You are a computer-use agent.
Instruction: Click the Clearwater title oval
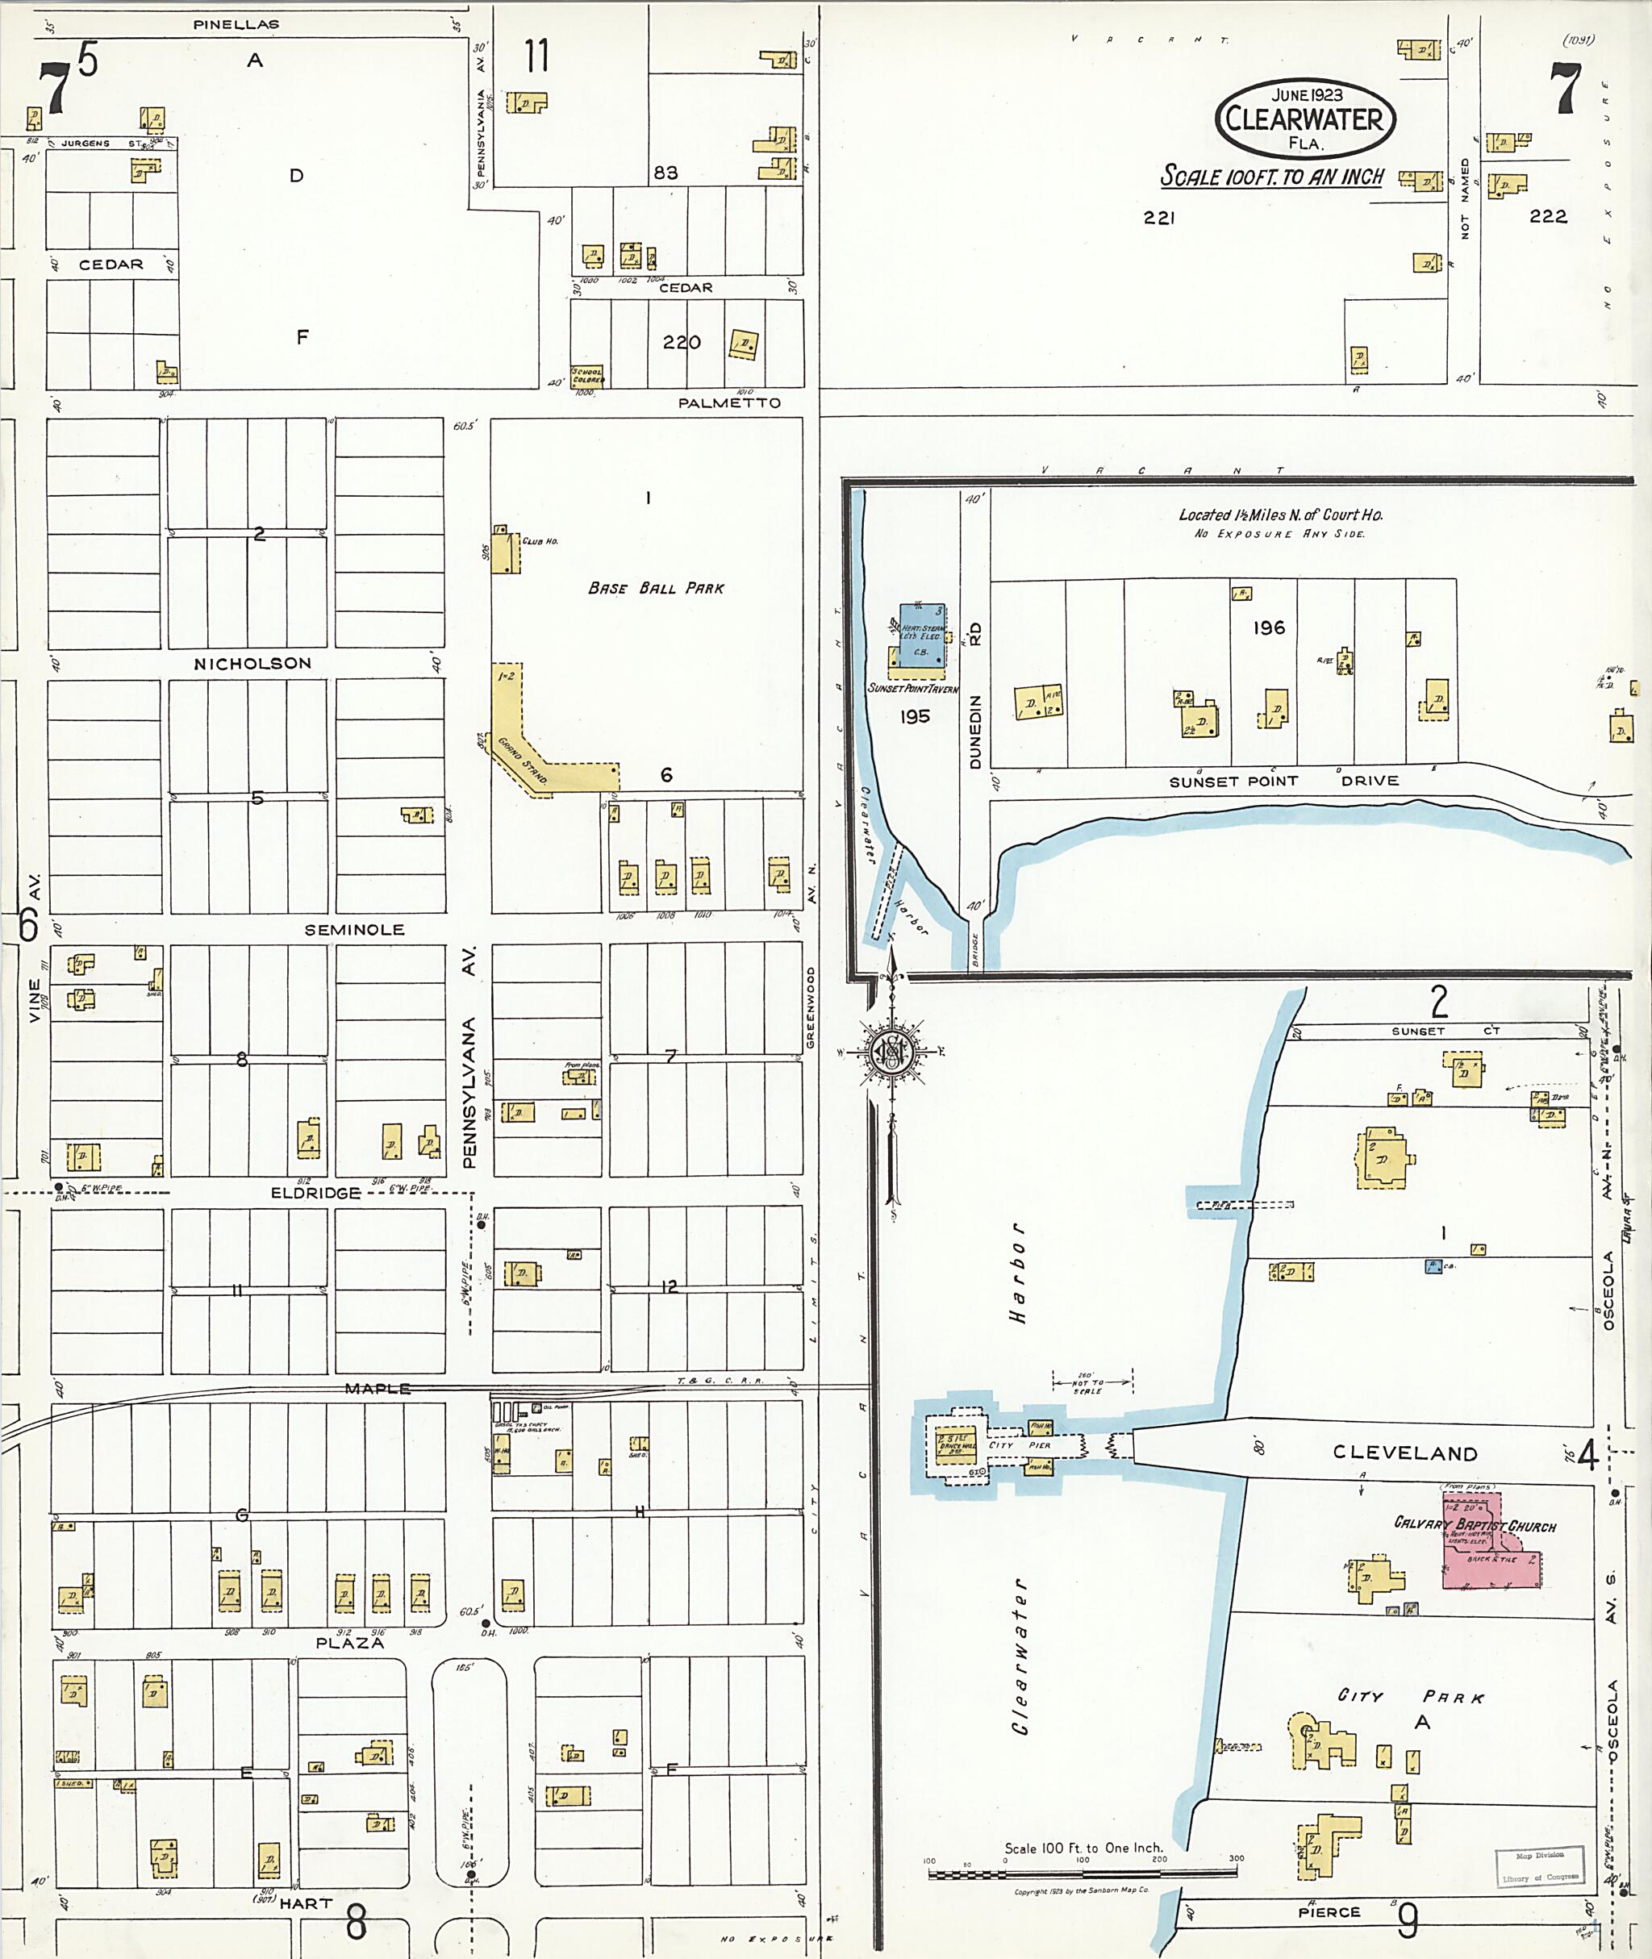coord(1304,119)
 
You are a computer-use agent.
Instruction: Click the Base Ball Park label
coord(656,588)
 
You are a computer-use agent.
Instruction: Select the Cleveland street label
coord(1404,1453)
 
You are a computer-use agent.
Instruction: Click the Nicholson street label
coord(252,663)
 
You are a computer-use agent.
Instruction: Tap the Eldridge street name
coord(315,1193)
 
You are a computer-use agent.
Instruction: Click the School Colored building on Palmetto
coord(587,376)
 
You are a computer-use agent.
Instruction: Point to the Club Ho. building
coord(506,551)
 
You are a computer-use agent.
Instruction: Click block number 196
coord(1269,627)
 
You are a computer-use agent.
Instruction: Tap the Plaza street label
coord(349,1644)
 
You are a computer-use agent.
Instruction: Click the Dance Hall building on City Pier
coord(954,1443)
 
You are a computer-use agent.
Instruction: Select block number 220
coord(681,343)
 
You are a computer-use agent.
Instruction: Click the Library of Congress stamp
coord(1540,1865)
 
